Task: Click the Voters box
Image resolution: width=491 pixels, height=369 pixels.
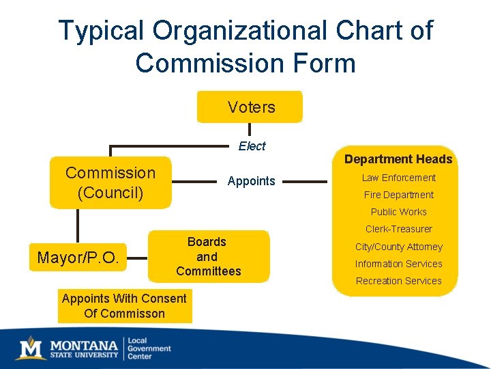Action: point(250,107)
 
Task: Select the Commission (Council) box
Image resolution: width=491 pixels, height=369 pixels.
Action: point(110,182)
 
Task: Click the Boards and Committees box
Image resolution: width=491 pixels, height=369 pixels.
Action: point(208,256)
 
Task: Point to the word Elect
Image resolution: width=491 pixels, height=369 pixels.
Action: point(252,146)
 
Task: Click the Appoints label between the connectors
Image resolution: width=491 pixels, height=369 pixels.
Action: point(251,181)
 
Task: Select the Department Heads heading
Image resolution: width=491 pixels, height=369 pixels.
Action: point(398,159)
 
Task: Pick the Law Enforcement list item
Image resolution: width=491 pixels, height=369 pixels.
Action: point(398,178)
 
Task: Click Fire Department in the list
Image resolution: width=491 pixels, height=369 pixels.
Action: point(398,195)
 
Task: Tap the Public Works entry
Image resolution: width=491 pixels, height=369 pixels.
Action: point(398,212)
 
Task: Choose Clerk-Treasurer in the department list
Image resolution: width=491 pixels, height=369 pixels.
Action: point(398,229)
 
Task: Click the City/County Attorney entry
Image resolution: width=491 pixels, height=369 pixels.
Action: point(398,247)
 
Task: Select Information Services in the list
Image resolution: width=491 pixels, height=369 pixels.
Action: point(398,264)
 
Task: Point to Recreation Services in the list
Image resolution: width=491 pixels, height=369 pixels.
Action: point(398,281)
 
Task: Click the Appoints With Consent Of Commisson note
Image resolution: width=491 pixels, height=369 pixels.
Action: point(124,306)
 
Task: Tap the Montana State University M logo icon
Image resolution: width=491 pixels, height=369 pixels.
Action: point(30,348)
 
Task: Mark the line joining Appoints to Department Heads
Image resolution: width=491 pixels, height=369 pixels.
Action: point(305,182)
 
